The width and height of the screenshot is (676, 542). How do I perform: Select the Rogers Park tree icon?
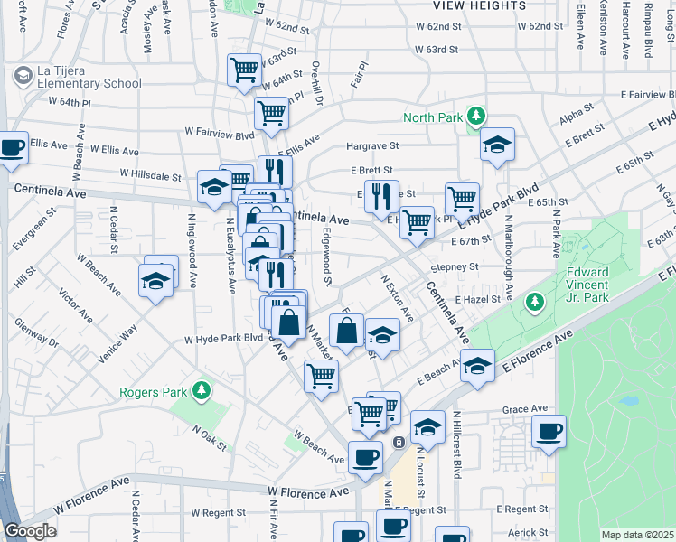[202, 391]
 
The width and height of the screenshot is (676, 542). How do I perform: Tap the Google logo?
[30, 532]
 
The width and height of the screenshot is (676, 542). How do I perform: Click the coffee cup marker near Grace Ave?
[549, 430]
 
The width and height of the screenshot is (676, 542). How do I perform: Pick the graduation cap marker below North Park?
[496, 145]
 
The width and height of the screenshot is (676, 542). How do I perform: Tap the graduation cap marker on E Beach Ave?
[477, 365]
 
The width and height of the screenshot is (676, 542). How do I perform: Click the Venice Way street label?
[117, 343]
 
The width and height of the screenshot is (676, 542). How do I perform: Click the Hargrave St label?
[372, 145]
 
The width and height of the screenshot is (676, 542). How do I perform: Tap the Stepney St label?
[454, 267]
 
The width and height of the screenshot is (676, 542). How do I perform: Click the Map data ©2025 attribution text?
[638, 535]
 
